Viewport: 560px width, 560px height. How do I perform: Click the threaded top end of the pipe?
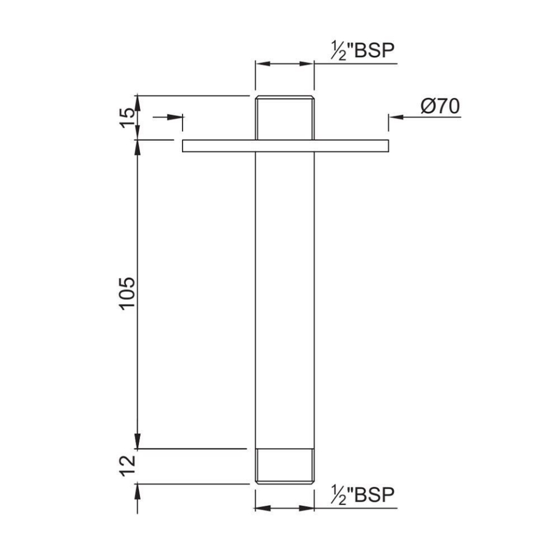pos(285,117)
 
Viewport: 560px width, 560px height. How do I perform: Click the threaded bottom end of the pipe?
pos(285,466)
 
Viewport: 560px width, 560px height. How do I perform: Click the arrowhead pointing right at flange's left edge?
pos(175,117)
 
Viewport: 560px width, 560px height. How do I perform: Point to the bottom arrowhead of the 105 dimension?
pos(138,442)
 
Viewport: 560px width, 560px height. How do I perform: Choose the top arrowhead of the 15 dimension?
pos(138,101)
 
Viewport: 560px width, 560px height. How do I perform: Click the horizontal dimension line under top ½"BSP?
pos(285,64)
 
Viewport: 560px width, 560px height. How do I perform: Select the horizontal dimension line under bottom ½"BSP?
pos(285,508)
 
